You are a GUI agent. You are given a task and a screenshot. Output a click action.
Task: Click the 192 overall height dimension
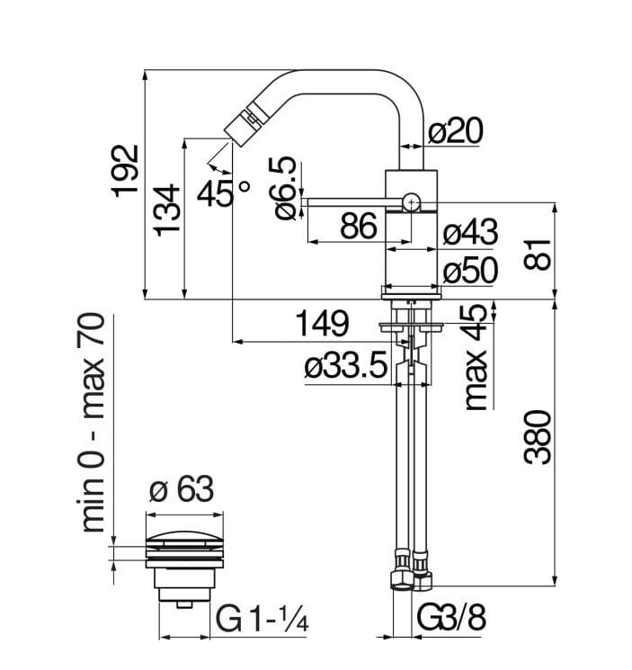point(127,170)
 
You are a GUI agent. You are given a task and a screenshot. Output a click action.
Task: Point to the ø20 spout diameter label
point(455,131)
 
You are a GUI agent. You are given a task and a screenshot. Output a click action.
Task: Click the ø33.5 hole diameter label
point(345,369)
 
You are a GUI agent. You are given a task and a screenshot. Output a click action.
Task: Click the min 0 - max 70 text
point(93,423)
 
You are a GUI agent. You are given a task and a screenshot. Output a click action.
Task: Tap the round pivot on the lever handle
point(411,201)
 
